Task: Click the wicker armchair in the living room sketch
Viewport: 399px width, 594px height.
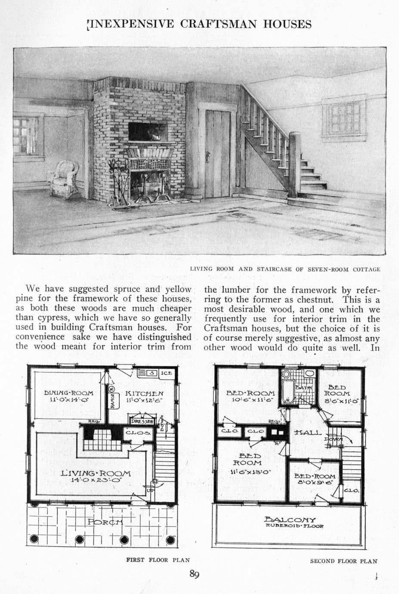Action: pos(65,177)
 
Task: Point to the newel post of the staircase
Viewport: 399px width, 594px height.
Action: pos(294,164)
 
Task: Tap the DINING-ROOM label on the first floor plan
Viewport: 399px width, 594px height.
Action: pos(69,393)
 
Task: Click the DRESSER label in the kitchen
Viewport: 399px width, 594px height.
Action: pos(142,421)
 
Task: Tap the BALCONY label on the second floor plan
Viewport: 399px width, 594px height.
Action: pos(290,520)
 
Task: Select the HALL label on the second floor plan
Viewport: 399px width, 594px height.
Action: pos(306,432)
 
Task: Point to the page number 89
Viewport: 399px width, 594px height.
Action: pos(194,574)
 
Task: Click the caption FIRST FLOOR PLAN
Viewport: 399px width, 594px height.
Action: pos(158,560)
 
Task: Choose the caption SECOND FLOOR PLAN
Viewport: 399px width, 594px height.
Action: pos(343,561)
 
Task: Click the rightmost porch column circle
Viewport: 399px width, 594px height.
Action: pos(171,540)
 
